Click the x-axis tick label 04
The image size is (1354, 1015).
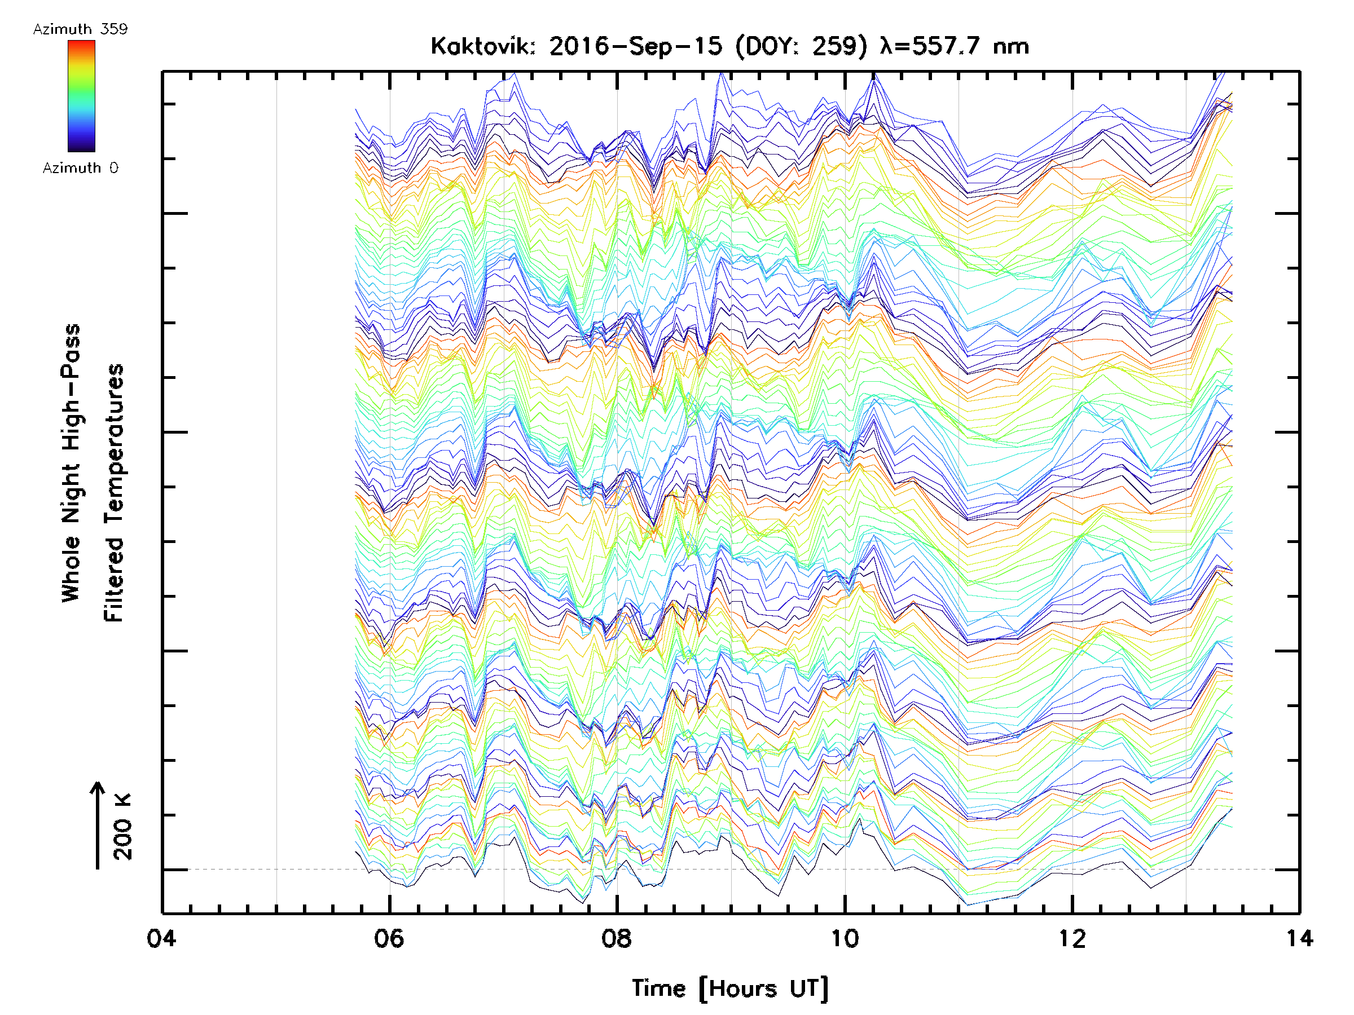(x=161, y=938)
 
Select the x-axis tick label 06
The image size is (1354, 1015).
(x=389, y=938)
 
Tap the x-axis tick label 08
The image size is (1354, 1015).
(x=617, y=938)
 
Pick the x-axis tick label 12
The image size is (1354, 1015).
(x=1072, y=938)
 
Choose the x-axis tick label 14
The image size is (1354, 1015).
(x=1299, y=938)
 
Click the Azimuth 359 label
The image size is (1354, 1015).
(x=80, y=29)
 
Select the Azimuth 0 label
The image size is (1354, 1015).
(x=80, y=167)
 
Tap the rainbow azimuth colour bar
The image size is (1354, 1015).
(x=81, y=96)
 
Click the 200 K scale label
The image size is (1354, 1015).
(x=122, y=826)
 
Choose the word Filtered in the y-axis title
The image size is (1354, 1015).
(x=114, y=579)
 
